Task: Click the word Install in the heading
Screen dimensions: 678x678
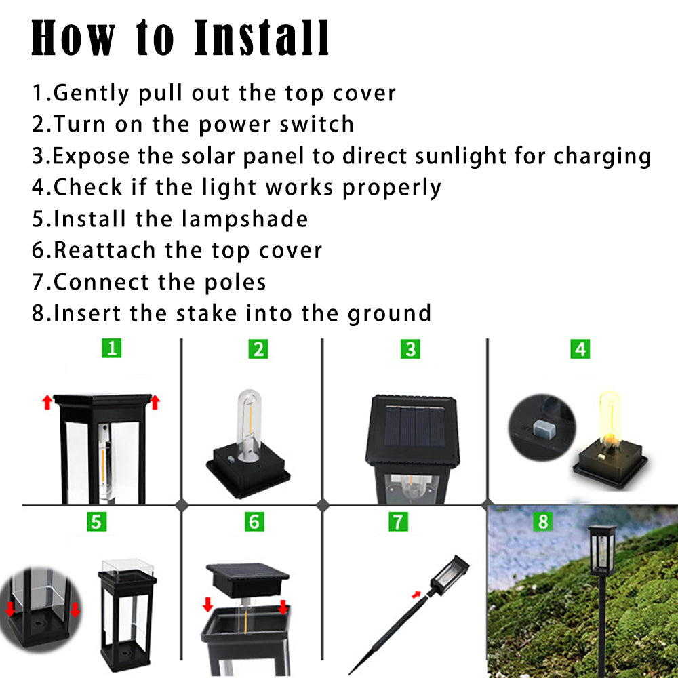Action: (x=262, y=38)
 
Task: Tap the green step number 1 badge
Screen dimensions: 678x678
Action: (x=112, y=348)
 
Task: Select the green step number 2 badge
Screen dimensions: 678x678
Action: (x=258, y=349)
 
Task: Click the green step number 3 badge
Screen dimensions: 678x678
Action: (x=410, y=349)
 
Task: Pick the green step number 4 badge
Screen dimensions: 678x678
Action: (x=580, y=349)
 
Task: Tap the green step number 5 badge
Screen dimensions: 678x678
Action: (x=96, y=521)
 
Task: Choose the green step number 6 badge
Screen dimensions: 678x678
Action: (x=254, y=521)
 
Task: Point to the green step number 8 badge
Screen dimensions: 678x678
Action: (x=542, y=521)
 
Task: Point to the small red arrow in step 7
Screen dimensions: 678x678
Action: (x=416, y=595)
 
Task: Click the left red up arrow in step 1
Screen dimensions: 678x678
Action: (x=47, y=403)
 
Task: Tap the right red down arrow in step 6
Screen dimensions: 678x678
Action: (x=283, y=605)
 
